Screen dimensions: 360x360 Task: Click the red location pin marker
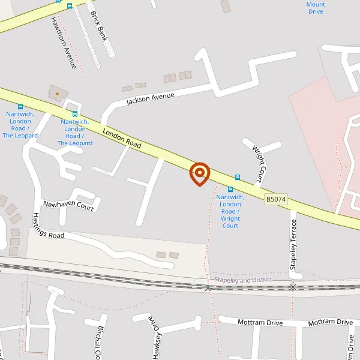(x=199, y=174)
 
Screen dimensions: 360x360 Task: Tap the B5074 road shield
(x=276, y=199)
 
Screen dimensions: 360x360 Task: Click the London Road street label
(x=122, y=138)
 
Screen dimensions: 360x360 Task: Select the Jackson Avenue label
(x=150, y=98)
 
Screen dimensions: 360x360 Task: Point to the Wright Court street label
(x=259, y=164)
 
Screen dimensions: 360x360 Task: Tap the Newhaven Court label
(x=68, y=205)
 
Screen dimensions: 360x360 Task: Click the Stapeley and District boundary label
(x=243, y=280)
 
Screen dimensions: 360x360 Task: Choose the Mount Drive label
(x=316, y=8)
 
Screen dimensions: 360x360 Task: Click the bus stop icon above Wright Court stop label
(x=230, y=190)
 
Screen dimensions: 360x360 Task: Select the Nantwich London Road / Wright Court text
(x=230, y=211)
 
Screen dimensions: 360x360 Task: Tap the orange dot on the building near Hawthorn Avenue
(x=58, y=94)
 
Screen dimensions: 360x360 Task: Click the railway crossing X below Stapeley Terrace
(x=293, y=288)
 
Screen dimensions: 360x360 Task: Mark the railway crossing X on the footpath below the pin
(x=208, y=289)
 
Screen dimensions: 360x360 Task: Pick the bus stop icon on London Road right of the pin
(x=238, y=178)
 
